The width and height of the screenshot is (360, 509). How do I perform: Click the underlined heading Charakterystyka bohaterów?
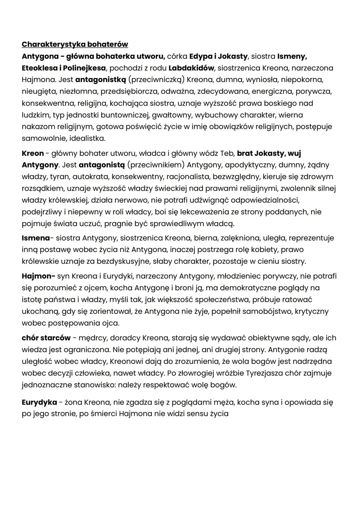(75, 44)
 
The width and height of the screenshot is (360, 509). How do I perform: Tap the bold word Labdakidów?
(191, 68)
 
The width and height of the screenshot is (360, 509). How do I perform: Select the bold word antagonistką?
(101, 80)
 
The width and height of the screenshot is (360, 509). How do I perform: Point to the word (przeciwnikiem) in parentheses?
(156, 165)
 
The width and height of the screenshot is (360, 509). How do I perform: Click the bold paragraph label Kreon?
(33, 153)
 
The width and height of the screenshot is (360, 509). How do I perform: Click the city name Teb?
(227, 153)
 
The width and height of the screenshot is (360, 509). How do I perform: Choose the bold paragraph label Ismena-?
(36, 238)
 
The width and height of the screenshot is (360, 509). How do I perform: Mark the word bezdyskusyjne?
(122, 261)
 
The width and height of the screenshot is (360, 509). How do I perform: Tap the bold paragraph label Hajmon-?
(38, 276)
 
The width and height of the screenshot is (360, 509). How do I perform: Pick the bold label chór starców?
(46, 338)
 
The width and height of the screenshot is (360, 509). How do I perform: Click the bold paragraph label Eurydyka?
(39, 402)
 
